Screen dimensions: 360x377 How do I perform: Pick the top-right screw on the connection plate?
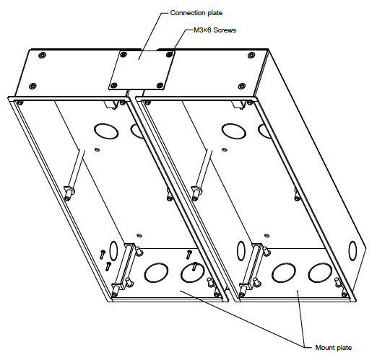(x=170, y=52)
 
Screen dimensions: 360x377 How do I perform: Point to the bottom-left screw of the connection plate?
(x=113, y=85)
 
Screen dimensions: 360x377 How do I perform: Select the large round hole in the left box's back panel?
(x=105, y=131)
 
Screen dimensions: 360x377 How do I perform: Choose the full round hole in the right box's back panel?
(x=233, y=131)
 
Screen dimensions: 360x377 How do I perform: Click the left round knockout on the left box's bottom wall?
(x=155, y=273)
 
